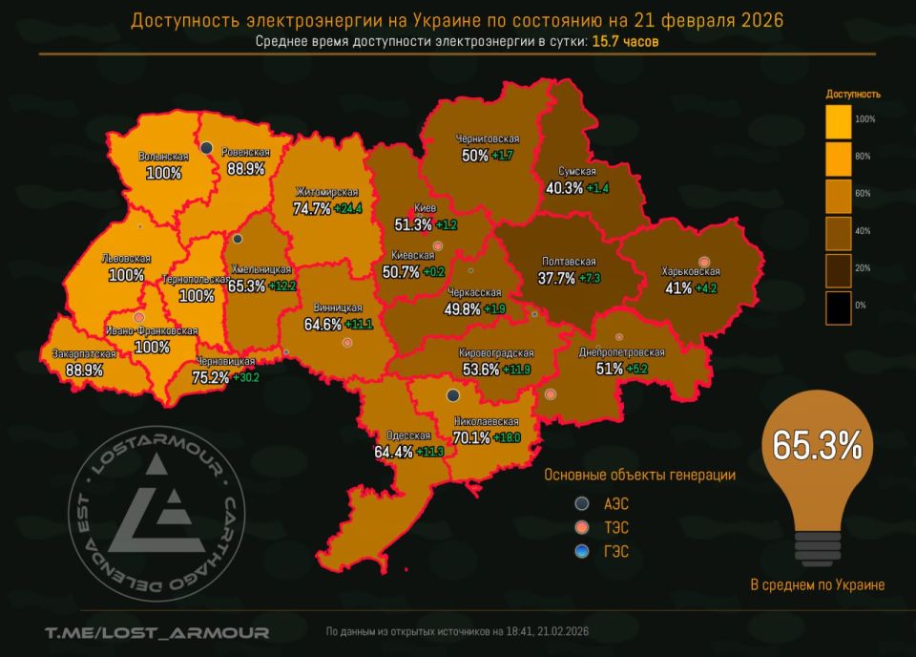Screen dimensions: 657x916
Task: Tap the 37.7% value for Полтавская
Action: coord(556,279)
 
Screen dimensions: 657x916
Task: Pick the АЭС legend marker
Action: coord(581,503)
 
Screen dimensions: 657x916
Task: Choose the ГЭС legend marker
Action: coord(581,551)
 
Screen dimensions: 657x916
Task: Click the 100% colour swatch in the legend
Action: coord(838,119)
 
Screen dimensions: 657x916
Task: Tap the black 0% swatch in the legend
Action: coord(838,306)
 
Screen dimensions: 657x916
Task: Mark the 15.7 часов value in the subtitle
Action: coord(625,41)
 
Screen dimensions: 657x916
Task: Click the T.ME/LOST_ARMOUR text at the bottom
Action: coord(156,632)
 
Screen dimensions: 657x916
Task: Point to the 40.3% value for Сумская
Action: coord(564,188)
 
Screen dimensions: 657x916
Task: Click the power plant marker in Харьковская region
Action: coord(704,262)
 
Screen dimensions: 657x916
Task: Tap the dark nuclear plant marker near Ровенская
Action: coord(206,147)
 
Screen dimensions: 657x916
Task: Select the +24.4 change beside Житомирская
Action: coord(348,208)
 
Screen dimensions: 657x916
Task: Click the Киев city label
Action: coord(426,208)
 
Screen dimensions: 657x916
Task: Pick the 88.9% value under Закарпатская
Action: coord(84,370)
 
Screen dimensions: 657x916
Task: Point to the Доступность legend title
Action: coord(852,95)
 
